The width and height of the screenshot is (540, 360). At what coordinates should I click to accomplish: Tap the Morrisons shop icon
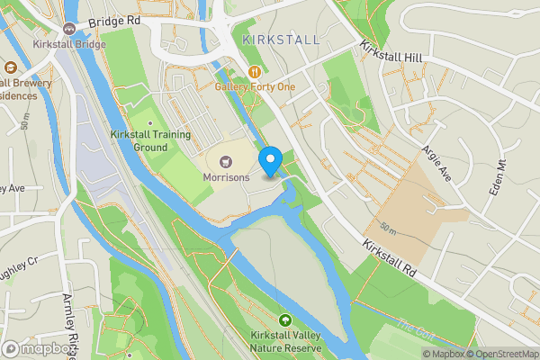tap(224, 161)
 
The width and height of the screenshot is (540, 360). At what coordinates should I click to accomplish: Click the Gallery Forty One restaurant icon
tap(255, 71)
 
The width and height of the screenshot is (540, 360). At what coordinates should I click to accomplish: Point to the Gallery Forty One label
tap(255, 86)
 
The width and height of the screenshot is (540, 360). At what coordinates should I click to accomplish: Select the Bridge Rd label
tap(115, 19)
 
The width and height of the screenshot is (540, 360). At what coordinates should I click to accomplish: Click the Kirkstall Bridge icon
tap(68, 28)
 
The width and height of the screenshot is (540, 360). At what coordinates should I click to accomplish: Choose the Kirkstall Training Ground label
tap(139, 140)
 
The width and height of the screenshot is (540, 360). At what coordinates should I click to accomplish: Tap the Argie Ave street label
tap(436, 162)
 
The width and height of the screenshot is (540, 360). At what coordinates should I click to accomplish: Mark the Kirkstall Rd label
tap(392, 257)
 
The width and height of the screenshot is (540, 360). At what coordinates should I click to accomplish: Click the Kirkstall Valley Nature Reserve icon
tap(285, 319)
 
